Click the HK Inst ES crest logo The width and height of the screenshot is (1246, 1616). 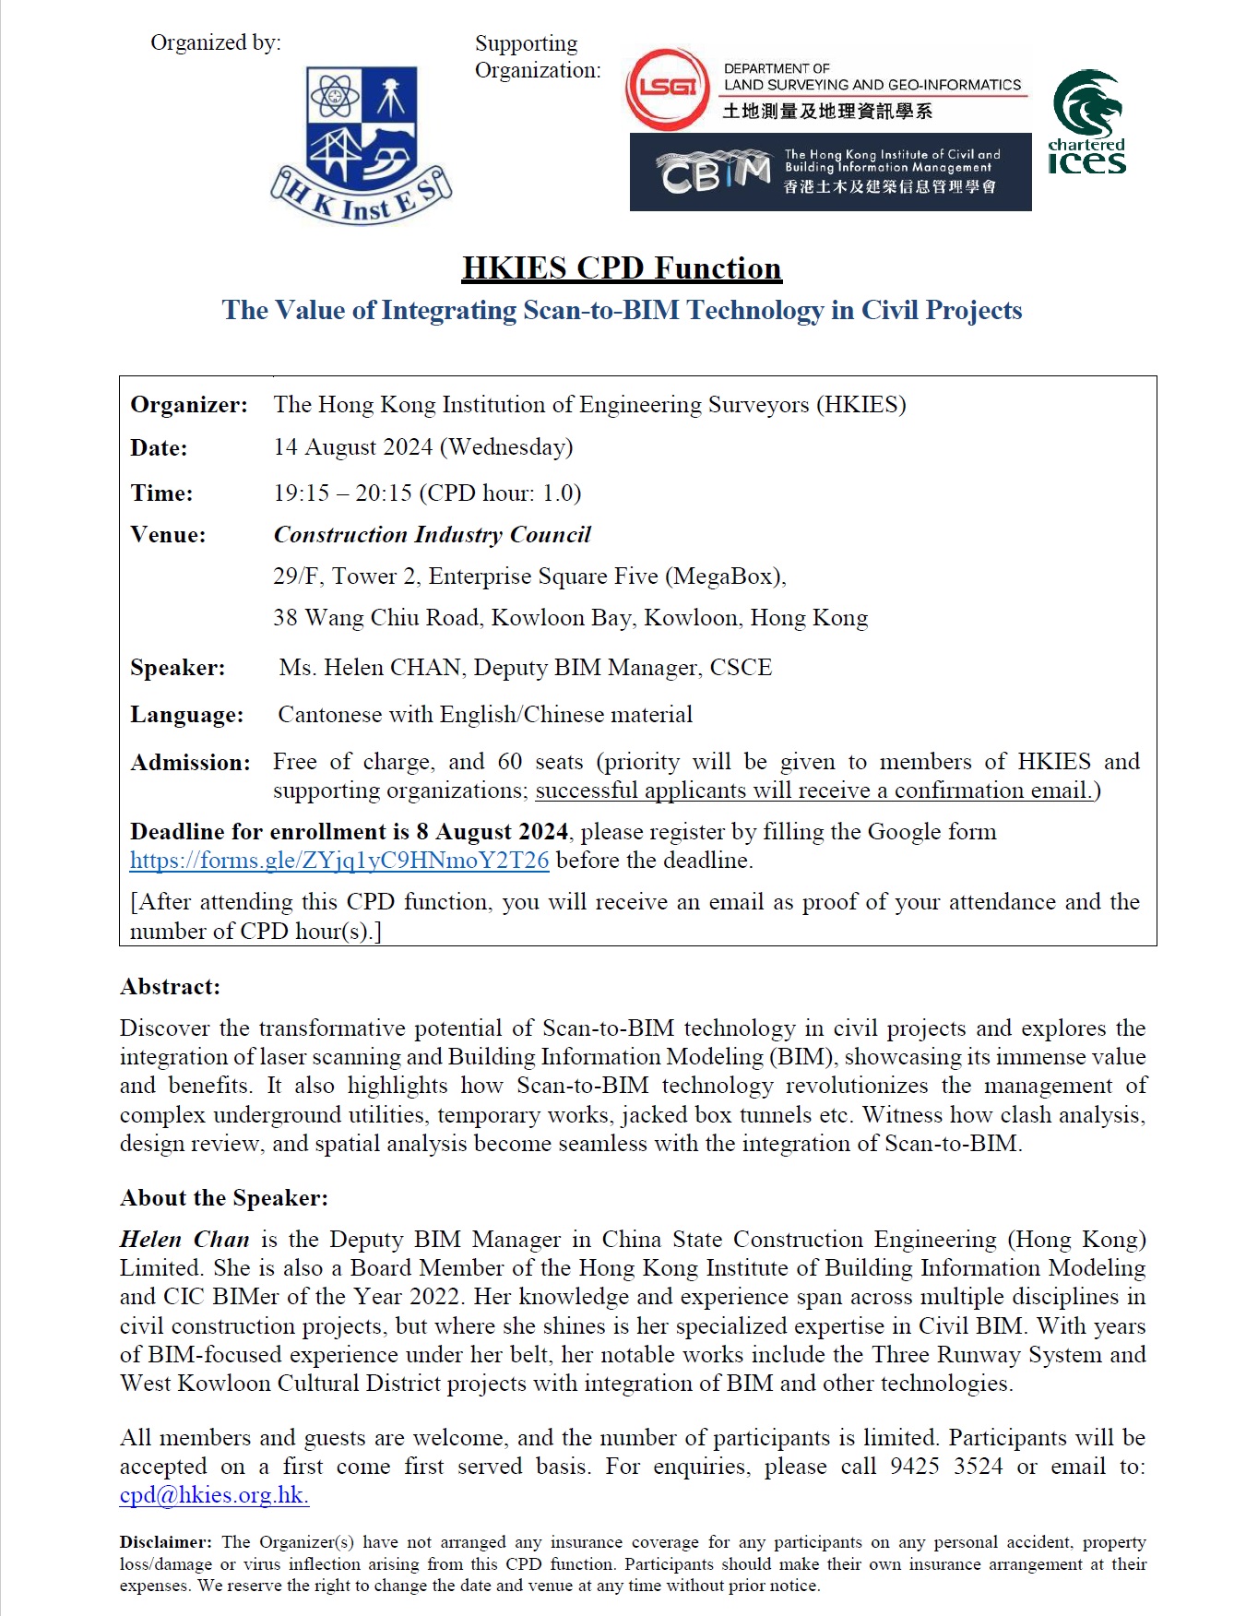pos(362,145)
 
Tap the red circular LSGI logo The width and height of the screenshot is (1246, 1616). pos(667,89)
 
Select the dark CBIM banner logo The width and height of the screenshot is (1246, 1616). pos(830,172)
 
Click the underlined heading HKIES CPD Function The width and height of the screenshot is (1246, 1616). pos(622,268)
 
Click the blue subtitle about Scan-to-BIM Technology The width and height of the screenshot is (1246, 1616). pos(622,310)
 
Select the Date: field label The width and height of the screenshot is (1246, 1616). pos(159,448)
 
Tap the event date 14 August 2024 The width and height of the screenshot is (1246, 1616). pos(353,447)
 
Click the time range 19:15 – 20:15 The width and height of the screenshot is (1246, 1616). pos(342,493)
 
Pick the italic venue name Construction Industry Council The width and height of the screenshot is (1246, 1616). pos(432,535)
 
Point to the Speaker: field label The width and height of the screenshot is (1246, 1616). pos(177,668)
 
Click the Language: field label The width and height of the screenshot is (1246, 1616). pos(186,715)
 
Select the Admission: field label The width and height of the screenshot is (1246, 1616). pos(190,763)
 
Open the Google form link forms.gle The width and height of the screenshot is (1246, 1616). pos(339,861)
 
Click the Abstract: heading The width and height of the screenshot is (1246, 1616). pos(171,987)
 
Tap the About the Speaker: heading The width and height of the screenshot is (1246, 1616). pos(224,1198)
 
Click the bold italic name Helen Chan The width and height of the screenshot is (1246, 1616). pos(184,1240)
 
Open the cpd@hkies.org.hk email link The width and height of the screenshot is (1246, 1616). pos(214,1495)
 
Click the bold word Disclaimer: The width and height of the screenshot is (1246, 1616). pos(166,1542)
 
